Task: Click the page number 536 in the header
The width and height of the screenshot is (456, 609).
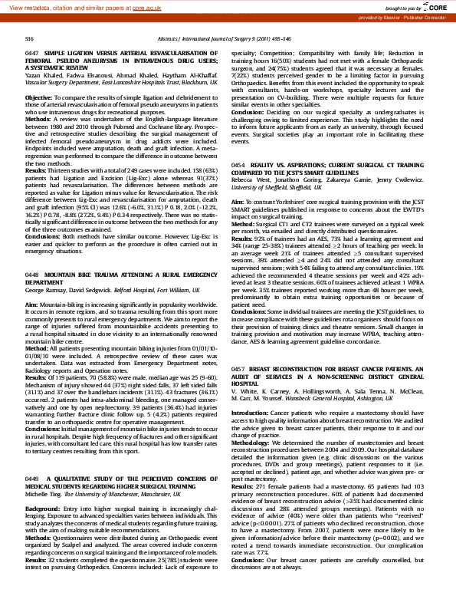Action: coord(28,38)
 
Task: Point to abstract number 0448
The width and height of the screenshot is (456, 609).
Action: coord(32,272)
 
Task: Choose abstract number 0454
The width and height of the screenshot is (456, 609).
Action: coord(238,166)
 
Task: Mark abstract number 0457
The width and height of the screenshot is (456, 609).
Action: coord(238,369)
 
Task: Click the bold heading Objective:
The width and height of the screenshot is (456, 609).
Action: coord(39,98)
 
